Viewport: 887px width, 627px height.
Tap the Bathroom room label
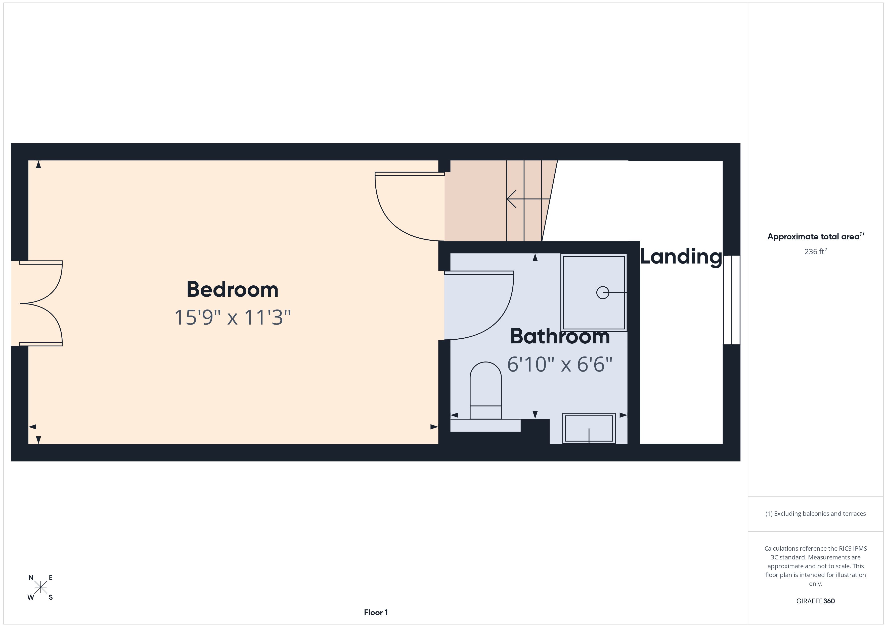pyautogui.click(x=560, y=336)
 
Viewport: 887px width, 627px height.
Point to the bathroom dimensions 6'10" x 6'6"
pyautogui.click(x=560, y=364)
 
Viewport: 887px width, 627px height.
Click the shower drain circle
pyautogui.click(x=603, y=293)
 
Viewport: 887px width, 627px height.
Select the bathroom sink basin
pyautogui.click(x=589, y=428)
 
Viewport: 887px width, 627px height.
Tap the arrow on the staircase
pyautogui.click(x=528, y=199)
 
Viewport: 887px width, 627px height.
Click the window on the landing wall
pyautogui.click(x=732, y=300)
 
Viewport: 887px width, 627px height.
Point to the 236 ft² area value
pyautogui.click(x=816, y=251)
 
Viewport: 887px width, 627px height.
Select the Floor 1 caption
pyautogui.click(x=376, y=612)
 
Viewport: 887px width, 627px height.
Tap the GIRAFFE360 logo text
pyautogui.click(x=816, y=601)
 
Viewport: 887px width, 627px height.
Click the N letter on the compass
pyautogui.click(x=31, y=578)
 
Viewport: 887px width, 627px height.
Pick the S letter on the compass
pyautogui.click(x=51, y=597)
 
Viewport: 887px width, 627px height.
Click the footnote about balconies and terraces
pyautogui.click(x=816, y=513)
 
